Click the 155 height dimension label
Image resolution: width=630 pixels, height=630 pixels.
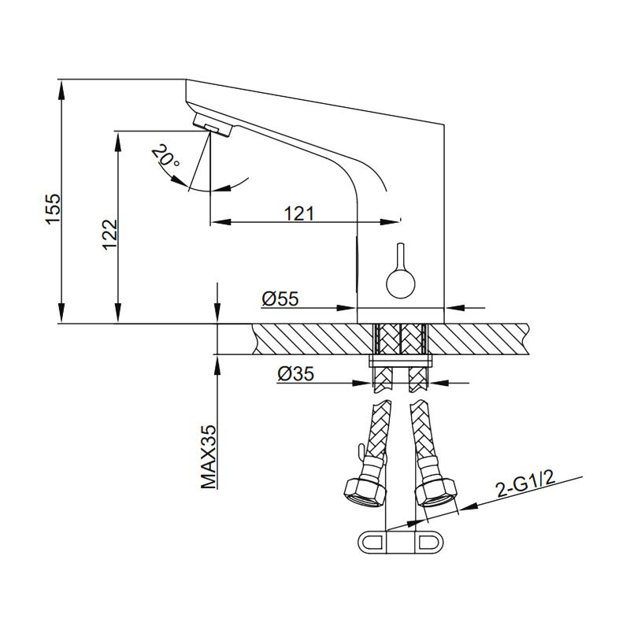[53, 209]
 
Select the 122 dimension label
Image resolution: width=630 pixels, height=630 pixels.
[109, 234]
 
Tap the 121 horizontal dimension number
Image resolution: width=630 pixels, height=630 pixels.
[299, 213]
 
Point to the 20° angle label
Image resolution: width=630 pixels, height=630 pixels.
[165, 156]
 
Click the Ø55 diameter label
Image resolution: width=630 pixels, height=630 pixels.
[280, 298]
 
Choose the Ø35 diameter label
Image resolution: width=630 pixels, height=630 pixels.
[295, 373]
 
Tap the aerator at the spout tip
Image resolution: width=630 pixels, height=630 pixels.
[213, 124]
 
